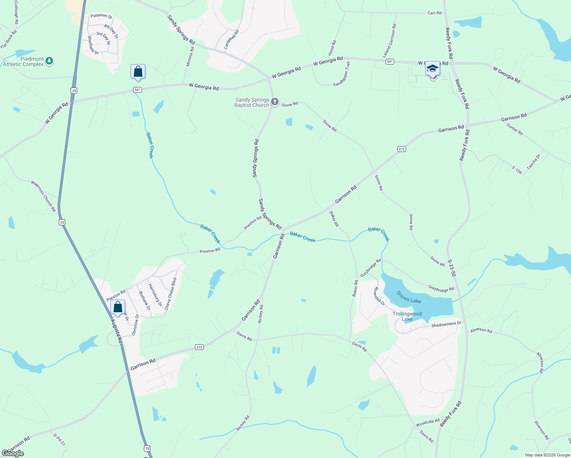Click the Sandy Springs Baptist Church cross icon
[x=275, y=102]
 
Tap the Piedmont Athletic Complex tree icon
[x=49, y=61]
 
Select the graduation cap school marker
[x=432, y=69]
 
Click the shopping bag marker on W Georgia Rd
[x=138, y=72]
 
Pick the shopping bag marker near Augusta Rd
[x=118, y=307]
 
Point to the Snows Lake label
[x=408, y=297]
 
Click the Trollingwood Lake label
[x=407, y=316]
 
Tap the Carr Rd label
[x=434, y=13]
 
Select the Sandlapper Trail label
[x=341, y=74]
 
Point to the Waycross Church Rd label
[x=44, y=196]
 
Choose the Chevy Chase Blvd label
[x=171, y=294]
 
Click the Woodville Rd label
[x=427, y=423]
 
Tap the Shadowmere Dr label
[x=446, y=324]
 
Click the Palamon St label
[x=101, y=16]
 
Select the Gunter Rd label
[x=515, y=129]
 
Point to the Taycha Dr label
[x=534, y=162]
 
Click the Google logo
[x=13, y=453]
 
